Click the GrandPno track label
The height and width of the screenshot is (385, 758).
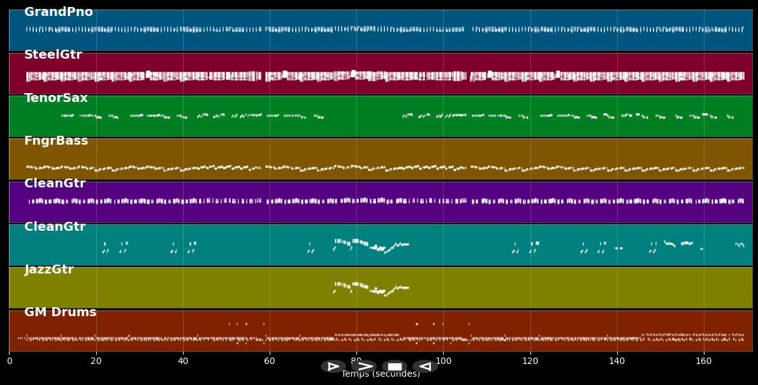[x=59, y=12]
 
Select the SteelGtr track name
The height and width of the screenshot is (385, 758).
[x=53, y=55]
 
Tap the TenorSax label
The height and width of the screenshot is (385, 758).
[x=56, y=98]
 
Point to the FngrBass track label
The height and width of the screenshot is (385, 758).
[x=56, y=141]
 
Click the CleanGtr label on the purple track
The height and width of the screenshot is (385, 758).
[x=55, y=184]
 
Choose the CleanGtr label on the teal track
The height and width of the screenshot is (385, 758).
[x=55, y=227]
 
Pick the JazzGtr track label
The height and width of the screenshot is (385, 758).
[x=49, y=270]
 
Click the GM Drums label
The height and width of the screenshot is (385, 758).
[x=61, y=312]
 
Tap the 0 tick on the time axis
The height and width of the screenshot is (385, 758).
[x=10, y=361]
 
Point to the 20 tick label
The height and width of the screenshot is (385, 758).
[x=96, y=361]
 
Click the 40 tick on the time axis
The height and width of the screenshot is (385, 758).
[x=183, y=361]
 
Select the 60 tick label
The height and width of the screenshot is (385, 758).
[x=270, y=361]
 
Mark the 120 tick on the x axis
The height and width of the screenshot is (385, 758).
[x=530, y=361]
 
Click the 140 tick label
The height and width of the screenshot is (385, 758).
[x=616, y=361]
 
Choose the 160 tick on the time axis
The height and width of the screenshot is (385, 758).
[x=703, y=361]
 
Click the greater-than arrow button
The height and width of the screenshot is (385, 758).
[x=364, y=367]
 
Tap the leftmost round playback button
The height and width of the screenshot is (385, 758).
[x=333, y=367]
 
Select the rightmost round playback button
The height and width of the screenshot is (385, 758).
[x=425, y=367]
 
